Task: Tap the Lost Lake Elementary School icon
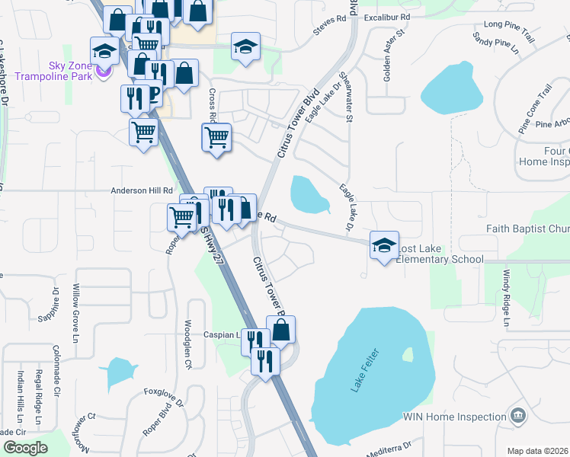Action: pyautogui.click(x=384, y=244)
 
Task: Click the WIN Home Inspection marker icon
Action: pyautogui.click(x=518, y=416)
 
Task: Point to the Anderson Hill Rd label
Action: pyautogui.click(x=142, y=191)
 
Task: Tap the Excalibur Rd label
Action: pyautogui.click(x=387, y=16)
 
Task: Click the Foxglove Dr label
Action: pyautogui.click(x=164, y=397)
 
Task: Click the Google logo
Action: pyautogui.click(x=25, y=448)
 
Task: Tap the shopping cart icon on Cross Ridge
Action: pyautogui.click(x=217, y=138)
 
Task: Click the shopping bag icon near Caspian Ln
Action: pyautogui.click(x=280, y=329)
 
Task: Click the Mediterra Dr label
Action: pyautogui.click(x=387, y=449)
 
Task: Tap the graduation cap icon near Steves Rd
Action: pyautogui.click(x=245, y=46)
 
